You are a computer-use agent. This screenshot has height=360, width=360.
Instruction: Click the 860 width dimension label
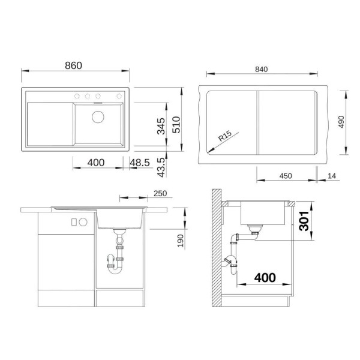click(73, 65)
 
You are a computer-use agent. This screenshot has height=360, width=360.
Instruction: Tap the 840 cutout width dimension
click(261, 70)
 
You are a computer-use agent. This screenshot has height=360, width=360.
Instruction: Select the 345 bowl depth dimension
click(161, 126)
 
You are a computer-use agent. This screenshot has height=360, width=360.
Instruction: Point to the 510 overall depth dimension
click(176, 125)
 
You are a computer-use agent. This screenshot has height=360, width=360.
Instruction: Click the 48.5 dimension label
click(140, 163)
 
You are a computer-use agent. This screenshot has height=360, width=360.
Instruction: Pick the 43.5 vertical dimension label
click(161, 167)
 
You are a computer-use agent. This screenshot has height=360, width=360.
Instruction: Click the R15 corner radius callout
click(225, 136)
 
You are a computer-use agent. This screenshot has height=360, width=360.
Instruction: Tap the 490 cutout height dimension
click(341, 122)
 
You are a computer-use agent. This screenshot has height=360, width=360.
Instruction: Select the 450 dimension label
click(286, 176)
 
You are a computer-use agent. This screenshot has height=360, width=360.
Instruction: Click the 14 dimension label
click(332, 176)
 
